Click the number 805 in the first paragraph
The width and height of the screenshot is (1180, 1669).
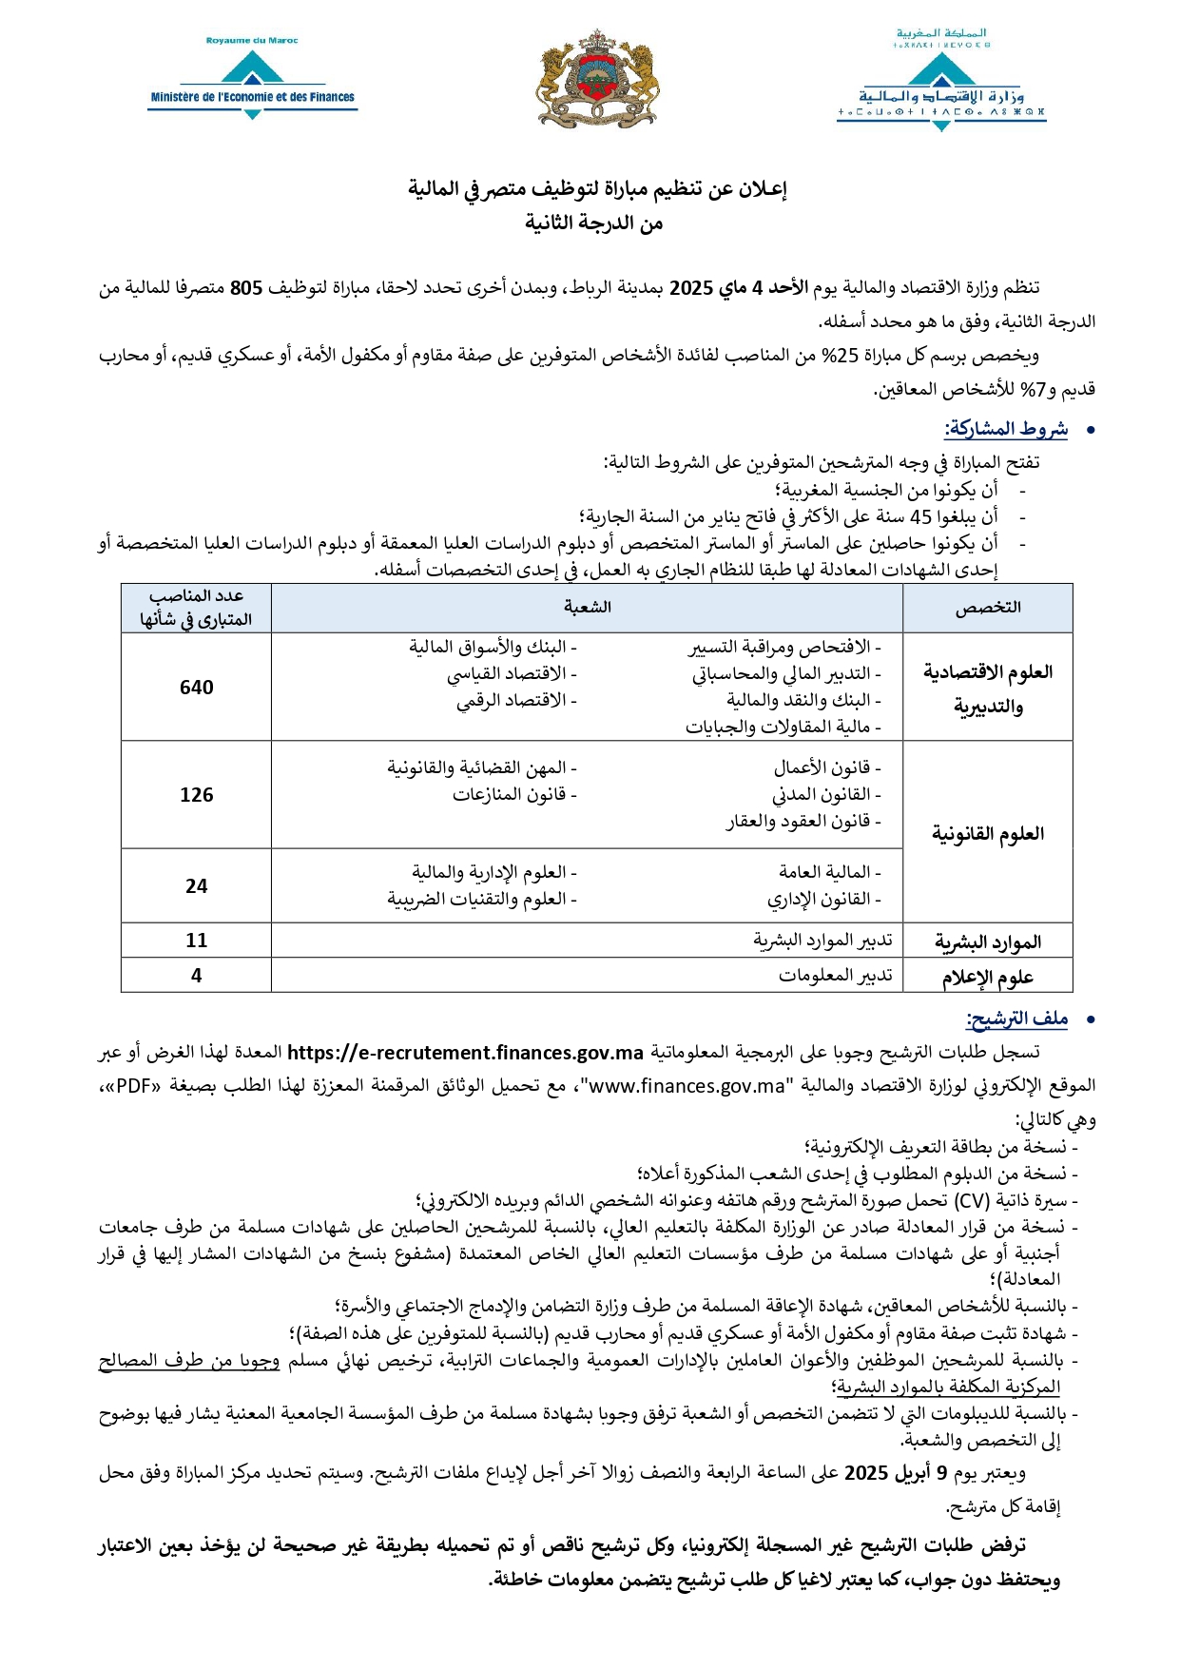(x=246, y=288)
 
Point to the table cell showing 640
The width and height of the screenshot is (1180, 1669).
(x=196, y=688)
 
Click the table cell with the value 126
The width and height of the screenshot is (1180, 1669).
(x=196, y=795)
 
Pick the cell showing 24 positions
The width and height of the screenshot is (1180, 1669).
(x=196, y=886)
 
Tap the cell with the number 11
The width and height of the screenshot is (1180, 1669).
(x=196, y=941)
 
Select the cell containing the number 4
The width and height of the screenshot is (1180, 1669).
(x=196, y=976)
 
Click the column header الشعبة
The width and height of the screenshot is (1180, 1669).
(x=587, y=608)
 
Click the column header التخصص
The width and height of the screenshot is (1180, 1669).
(x=987, y=608)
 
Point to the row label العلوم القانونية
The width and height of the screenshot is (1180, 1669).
(x=987, y=834)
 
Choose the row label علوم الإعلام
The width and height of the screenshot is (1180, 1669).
(x=987, y=978)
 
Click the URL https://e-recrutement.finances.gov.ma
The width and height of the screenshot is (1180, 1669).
(x=465, y=1053)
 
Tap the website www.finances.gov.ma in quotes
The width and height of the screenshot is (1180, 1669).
(x=687, y=1086)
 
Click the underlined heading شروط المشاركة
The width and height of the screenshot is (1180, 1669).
(x=1006, y=429)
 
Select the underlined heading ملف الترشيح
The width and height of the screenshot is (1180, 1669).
(x=1016, y=1019)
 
